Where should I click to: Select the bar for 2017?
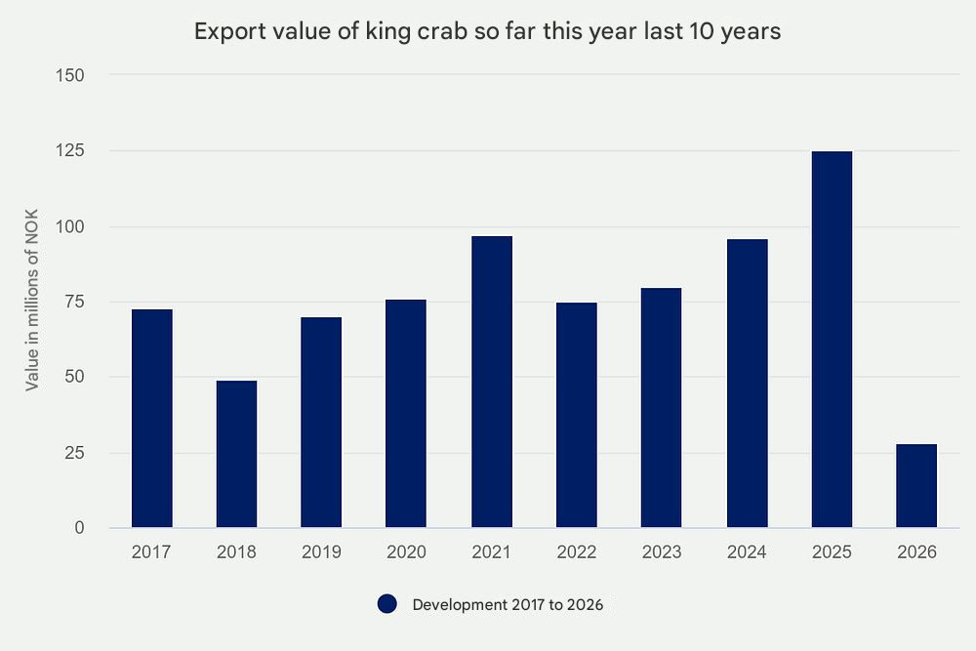click(x=151, y=419)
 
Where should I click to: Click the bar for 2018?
click(x=236, y=454)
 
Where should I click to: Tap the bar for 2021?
click(x=492, y=382)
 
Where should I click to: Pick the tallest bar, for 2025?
click(x=832, y=340)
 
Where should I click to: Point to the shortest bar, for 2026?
click(x=916, y=486)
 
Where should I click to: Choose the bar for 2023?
click(x=662, y=408)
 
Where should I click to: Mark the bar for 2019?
click(x=321, y=423)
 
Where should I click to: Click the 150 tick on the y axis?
click(x=72, y=75)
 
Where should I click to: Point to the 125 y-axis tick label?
click(x=72, y=151)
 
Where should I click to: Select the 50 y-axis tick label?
click(x=76, y=378)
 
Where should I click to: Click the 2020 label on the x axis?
click(x=406, y=552)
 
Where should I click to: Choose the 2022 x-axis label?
click(x=577, y=552)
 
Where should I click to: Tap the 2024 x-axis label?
click(x=747, y=552)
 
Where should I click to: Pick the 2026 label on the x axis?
click(x=916, y=552)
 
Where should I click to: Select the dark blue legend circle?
click(x=387, y=605)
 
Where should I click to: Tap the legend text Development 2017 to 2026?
click(x=508, y=605)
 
